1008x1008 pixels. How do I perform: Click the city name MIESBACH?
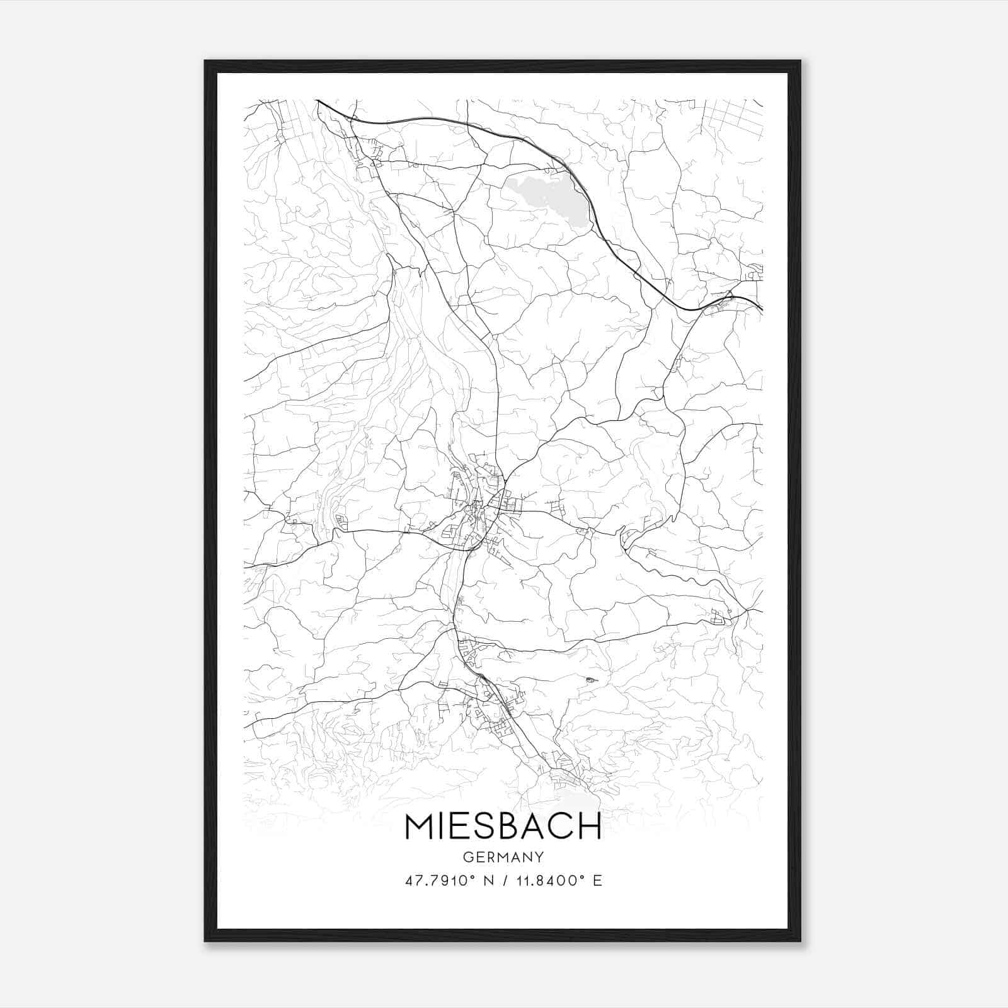pos(503,827)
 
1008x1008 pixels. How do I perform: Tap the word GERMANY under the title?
pos(503,857)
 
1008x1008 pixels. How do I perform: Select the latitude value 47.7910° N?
pos(445,880)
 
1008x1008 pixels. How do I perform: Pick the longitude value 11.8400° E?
pos(554,880)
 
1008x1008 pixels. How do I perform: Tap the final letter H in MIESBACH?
pos(590,827)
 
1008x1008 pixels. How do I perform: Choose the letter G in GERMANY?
pos(467,857)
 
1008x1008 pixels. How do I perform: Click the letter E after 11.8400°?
pos(597,880)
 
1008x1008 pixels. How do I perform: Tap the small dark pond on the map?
pos(590,680)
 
